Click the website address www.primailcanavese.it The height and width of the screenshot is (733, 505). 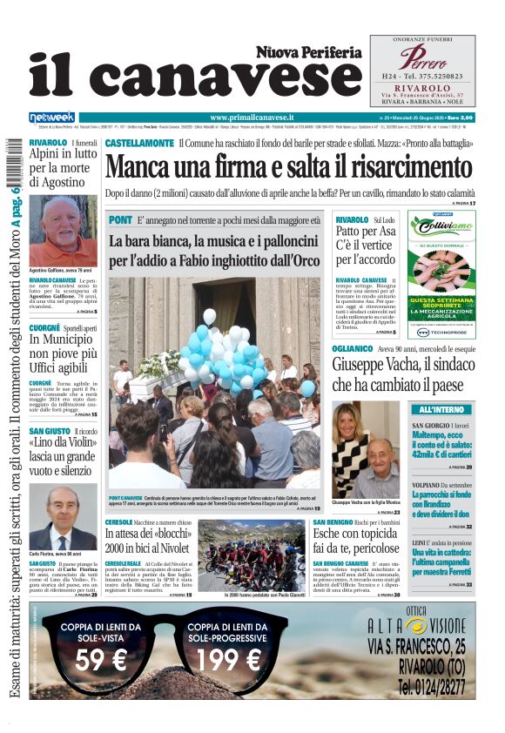(x=252, y=117)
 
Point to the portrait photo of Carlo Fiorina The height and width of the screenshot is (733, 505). (x=63, y=519)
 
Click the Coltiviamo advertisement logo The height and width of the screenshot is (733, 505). (x=442, y=227)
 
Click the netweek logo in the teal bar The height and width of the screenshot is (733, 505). (x=52, y=117)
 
